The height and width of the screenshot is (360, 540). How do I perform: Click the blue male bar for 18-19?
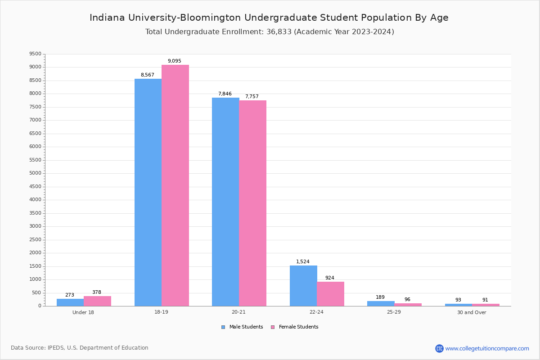click(x=148, y=192)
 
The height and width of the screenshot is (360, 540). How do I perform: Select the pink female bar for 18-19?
click(x=175, y=185)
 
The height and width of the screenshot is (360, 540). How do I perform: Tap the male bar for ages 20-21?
click(x=225, y=202)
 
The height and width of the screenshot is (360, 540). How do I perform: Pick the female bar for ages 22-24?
click(x=330, y=293)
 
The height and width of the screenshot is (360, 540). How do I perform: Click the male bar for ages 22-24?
click(x=303, y=286)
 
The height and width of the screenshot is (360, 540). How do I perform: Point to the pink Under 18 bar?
click(x=97, y=301)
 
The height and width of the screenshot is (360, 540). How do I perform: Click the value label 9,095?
click(x=175, y=61)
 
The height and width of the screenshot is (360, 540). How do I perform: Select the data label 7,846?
click(x=225, y=94)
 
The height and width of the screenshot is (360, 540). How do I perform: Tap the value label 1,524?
click(x=303, y=262)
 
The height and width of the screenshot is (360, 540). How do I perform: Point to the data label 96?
click(x=407, y=300)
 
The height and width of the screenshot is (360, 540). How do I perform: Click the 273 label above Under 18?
click(x=70, y=295)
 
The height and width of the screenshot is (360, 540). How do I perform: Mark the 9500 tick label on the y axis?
click(x=35, y=54)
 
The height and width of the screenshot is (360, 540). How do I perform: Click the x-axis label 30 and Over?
click(x=472, y=312)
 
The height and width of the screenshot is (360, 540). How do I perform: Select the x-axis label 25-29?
click(x=394, y=312)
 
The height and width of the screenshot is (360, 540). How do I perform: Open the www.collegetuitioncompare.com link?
click(x=487, y=348)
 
